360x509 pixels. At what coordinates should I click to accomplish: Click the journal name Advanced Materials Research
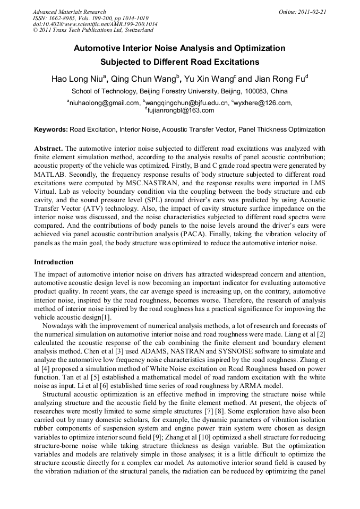coord(69,12)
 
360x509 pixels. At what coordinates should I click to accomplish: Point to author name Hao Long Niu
coord(78,79)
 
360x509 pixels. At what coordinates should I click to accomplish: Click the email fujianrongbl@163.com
coord(180,110)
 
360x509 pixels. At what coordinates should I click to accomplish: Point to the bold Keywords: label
coord(51,130)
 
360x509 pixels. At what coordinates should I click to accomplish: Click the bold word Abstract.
coord(48,149)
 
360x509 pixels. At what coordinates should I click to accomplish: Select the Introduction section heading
coord(54,262)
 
